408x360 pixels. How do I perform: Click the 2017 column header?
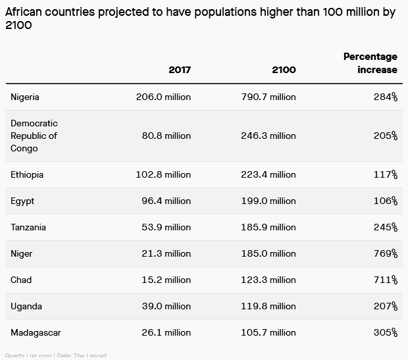tap(179, 70)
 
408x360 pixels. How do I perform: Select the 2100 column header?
tap(284, 70)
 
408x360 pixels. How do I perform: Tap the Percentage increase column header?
tap(370, 63)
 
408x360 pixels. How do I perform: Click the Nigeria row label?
tap(25, 97)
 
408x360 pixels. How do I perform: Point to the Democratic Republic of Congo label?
tap(34, 136)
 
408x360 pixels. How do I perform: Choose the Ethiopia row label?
tap(27, 174)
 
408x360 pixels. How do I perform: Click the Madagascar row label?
tap(36, 332)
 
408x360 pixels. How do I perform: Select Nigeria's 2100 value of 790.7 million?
tap(268, 97)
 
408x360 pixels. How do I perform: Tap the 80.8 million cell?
tap(166, 136)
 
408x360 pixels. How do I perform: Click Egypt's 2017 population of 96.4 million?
tap(166, 201)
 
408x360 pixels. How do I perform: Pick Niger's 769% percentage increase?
tap(385, 253)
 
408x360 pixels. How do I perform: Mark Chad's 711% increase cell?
tap(386, 280)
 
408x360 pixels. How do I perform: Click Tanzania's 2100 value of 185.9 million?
tap(268, 227)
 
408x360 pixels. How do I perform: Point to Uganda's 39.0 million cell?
tap(166, 306)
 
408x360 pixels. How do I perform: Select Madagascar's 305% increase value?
tap(385, 332)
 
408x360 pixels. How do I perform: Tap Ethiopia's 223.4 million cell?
tap(268, 174)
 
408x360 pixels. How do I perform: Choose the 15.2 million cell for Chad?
tap(166, 280)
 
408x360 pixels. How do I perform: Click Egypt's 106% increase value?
tap(385, 201)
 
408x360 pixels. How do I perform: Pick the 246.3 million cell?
tap(268, 136)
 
